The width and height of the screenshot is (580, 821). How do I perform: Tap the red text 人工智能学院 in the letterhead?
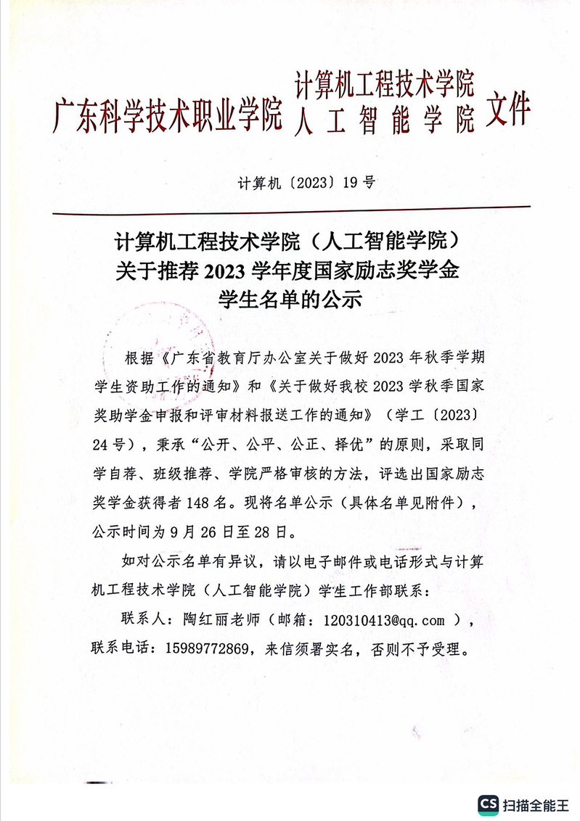point(385,119)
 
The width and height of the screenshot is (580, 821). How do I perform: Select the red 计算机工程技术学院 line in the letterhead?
point(385,86)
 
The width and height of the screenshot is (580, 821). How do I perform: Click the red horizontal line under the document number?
point(290,210)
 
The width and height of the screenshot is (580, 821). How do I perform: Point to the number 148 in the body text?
point(229,503)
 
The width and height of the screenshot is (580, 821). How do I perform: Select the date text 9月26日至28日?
point(229,530)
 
